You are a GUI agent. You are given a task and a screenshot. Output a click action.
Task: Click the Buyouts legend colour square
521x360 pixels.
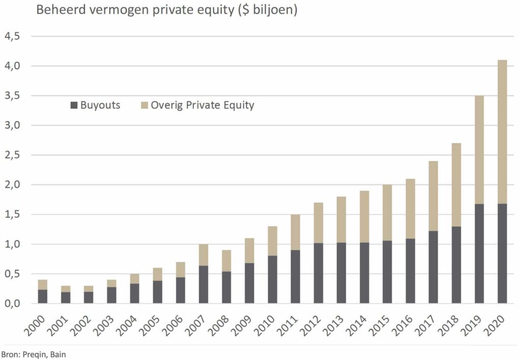(x=74, y=106)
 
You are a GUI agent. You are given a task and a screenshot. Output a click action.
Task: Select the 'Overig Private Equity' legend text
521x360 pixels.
(x=202, y=105)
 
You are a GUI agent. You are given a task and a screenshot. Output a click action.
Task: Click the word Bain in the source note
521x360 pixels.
(x=58, y=353)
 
